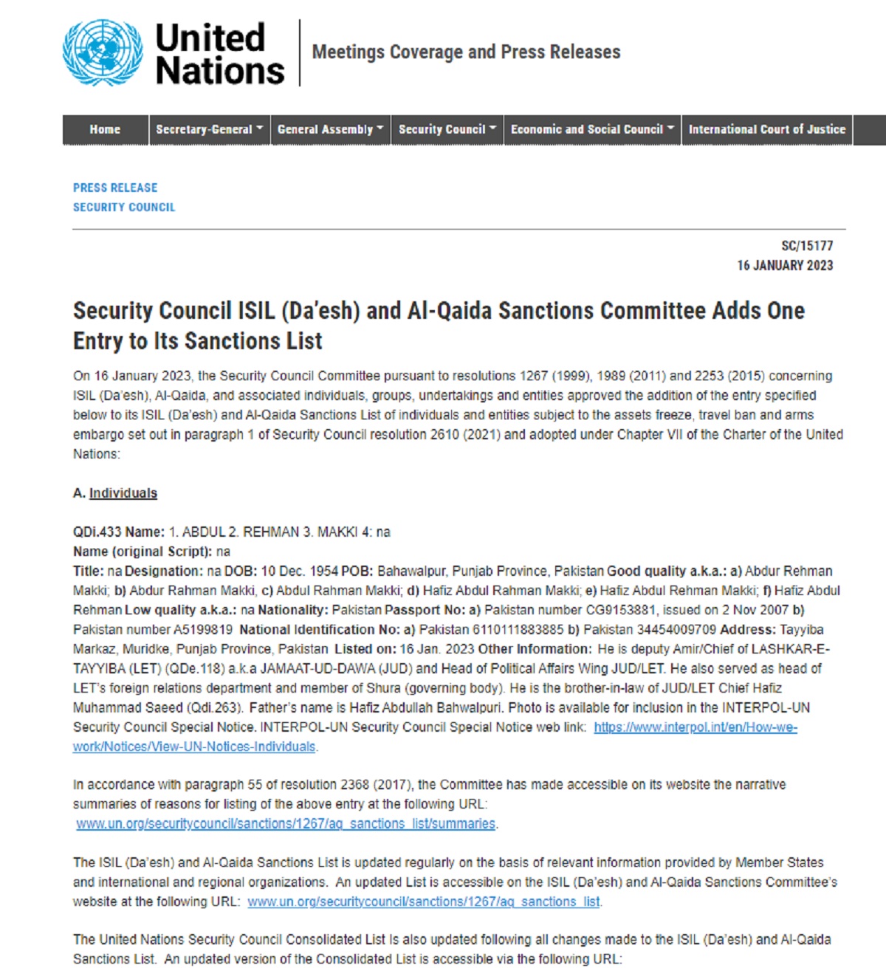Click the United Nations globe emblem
click(x=103, y=52)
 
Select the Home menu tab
click(x=105, y=129)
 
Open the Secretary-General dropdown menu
click(x=209, y=129)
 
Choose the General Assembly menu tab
click(x=330, y=129)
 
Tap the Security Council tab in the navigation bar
click(x=447, y=129)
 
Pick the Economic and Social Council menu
click(x=592, y=129)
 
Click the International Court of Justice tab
click(x=766, y=129)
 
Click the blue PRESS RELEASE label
click(x=115, y=188)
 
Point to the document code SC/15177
click(x=807, y=246)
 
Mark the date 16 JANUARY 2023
click(x=785, y=265)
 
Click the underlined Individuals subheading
click(x=123, y=493)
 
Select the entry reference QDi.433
click(x=97, y=532)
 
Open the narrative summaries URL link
click(x=286, y=824)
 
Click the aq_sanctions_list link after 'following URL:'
click(x=424, y=902)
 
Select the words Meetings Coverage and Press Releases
click(x=466, y=52)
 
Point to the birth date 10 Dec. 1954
click(x=300, y=571)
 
